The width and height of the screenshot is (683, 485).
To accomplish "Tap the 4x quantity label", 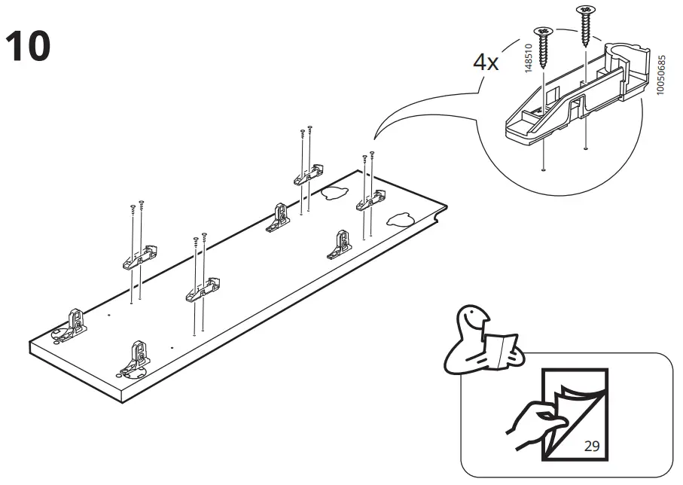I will click(486, 63).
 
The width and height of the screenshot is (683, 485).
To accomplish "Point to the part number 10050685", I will click(660, 75).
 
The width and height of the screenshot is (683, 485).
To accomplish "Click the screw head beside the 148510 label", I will click(544, 31).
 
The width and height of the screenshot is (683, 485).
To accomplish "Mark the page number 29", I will click(592, 446).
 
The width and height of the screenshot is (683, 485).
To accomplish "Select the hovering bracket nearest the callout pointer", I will click(370, 201).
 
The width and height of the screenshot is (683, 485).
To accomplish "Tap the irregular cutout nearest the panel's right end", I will click(400, 220).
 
